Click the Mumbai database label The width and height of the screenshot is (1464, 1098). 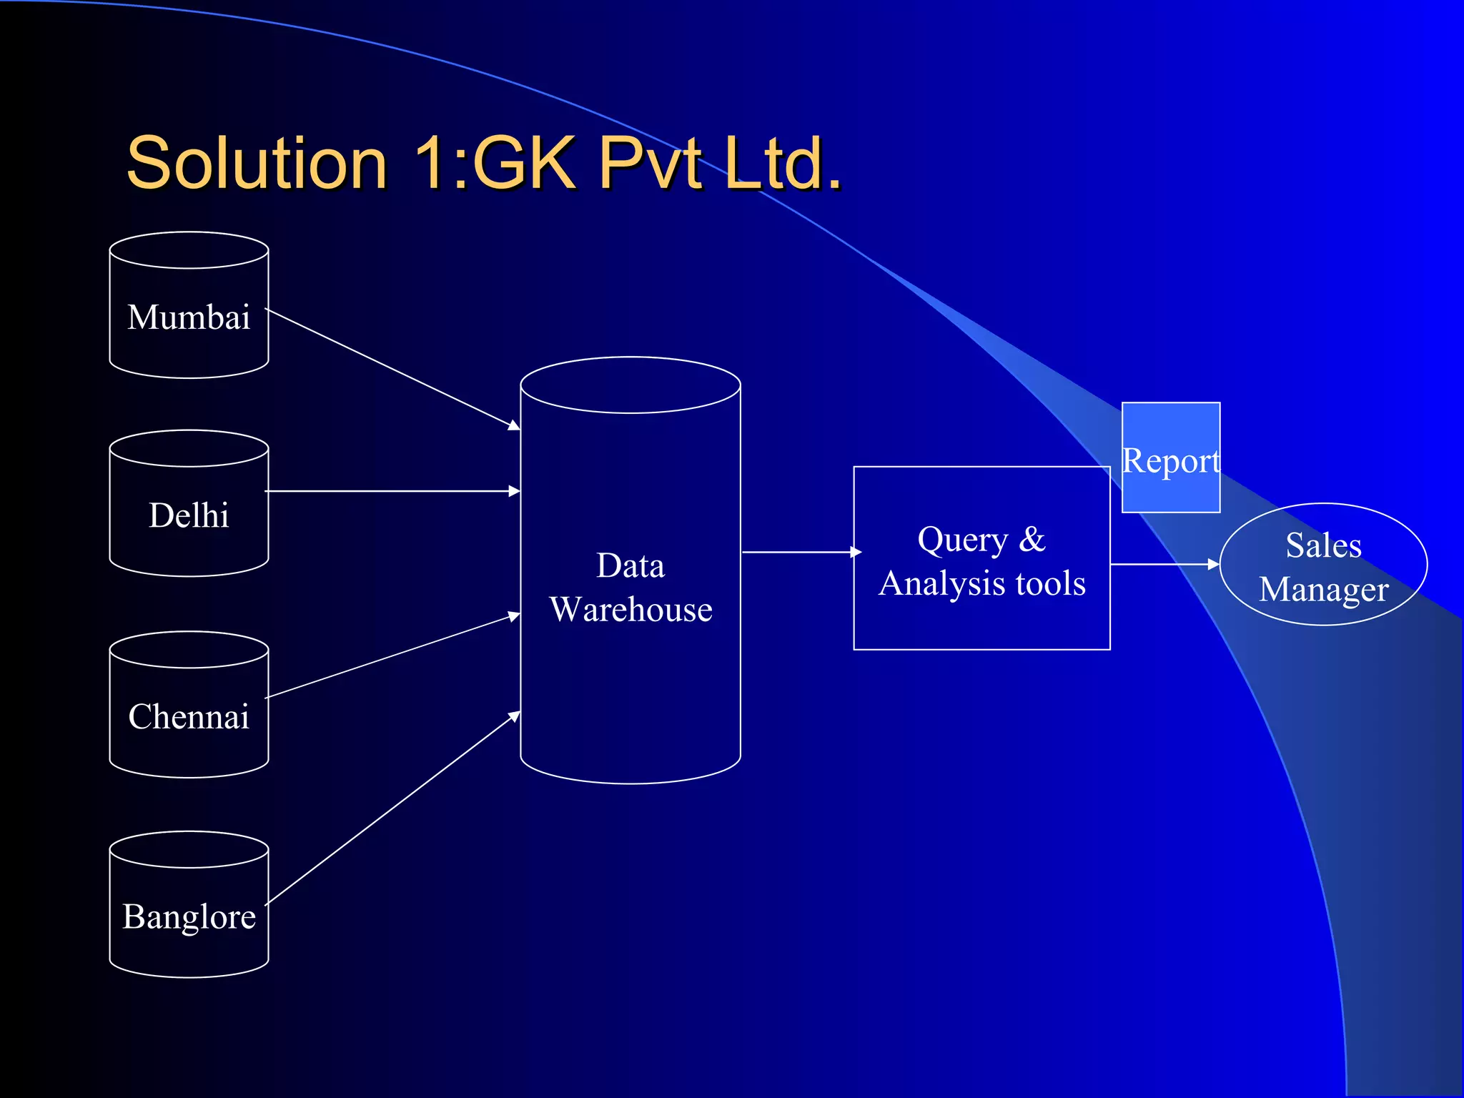pyautogui.click(x=189, y=317)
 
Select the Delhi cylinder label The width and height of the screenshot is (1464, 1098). pyautogui.click(x=189, y=515)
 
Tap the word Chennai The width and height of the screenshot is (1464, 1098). pyautogui.click(x=189, y=716)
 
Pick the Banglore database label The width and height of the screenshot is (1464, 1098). pyautogui.click(x=189, y=916)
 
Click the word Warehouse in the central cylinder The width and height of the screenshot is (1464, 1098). pyautogui.click(x=630, y=610)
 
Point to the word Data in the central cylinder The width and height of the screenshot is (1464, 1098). pyautogui.click(x=630, y=565)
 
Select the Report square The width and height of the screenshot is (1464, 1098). pyautogui.click(x=1170, y=457)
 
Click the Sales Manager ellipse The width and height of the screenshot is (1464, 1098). pyautogui.click(x=1323, y=565)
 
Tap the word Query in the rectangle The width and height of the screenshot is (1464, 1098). pyautogui.click(x=962, y=540)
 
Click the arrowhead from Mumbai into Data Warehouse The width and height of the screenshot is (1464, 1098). pyautogui.click(x=514, y=425)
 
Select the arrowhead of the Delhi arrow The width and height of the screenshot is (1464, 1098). pyautogui.click(x=514, y=491)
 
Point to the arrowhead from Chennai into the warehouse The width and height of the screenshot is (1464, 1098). pyautogui.click(x=514, y=615)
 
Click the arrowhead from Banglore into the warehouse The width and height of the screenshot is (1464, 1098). pyautogui.click(x=515, y=715)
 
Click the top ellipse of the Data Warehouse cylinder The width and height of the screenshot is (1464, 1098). pyautogui.click(x=630, y=385)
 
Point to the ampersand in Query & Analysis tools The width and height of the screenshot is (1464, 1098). pyautogui.click(x=1032, y=539)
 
